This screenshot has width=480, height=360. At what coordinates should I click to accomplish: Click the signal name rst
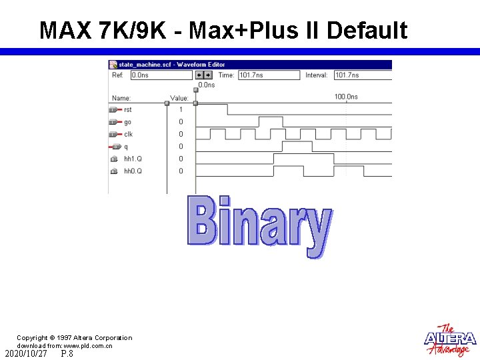click(128, 109)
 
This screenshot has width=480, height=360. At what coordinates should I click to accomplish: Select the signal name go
click(127, 122)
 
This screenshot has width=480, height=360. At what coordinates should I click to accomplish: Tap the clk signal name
click(128, 134)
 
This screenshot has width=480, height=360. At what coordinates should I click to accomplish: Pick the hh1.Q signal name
click(133, 159)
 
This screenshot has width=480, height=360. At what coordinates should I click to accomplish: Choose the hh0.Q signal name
click(133, 171)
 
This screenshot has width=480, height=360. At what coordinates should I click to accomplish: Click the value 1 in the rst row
click(180, 109)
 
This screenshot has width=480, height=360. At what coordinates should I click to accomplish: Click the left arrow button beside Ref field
click(199, 75)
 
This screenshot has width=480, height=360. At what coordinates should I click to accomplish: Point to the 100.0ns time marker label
click(346, 97)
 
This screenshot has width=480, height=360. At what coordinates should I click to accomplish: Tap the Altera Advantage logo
click(450, 340)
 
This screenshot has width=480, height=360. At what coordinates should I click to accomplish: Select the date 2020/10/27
click(25, 354)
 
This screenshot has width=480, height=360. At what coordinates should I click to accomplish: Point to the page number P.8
click(67, 354)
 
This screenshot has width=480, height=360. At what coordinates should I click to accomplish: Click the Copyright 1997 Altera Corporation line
click(74, 338)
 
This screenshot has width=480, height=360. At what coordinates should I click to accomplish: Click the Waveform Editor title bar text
click(171, 64)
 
